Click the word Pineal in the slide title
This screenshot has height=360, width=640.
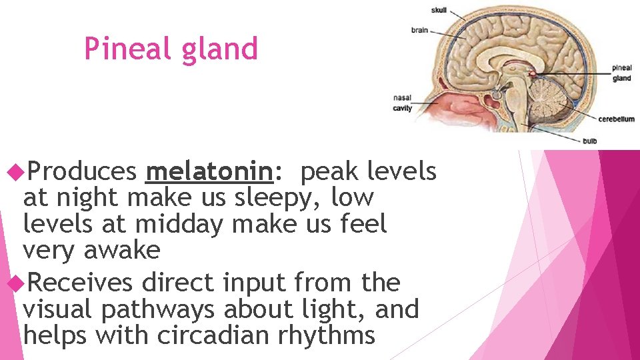tap(123, 49)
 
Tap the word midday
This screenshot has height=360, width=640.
tap(179, 224)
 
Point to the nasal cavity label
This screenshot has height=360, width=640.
tap(402, 103)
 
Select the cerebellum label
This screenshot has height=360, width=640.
tap(615, 119)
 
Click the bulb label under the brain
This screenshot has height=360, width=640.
tap(589, 141)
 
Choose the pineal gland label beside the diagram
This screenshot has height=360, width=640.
tap(621, 73)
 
